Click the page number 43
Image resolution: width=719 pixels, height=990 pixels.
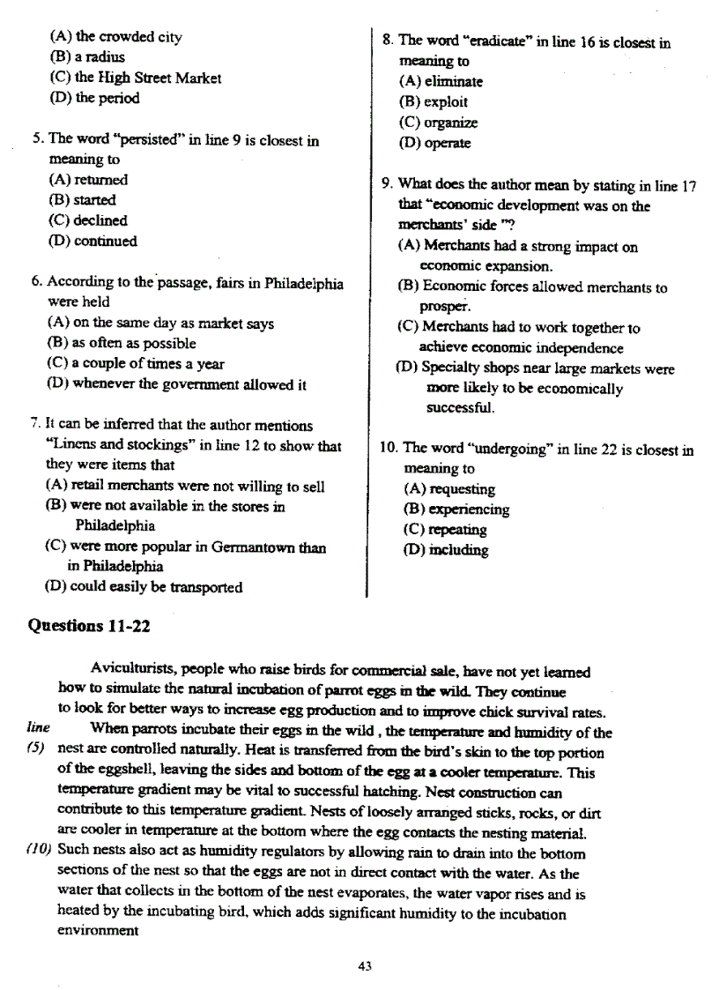point(365,965)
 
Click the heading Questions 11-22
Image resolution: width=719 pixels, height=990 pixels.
point(89,626)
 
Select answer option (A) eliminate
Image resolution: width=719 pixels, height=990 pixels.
point(441,81)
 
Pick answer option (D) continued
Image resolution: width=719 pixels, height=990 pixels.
point(93,241)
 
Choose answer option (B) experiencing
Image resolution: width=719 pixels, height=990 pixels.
point(456,510)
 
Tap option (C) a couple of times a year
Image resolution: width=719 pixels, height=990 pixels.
point(135,364)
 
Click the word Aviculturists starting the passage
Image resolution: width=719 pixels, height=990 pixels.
point(131,672)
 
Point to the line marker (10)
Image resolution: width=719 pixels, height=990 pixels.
point(37,853)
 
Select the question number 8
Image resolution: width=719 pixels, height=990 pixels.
point(388,41)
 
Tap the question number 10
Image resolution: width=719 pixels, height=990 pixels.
point(389,449)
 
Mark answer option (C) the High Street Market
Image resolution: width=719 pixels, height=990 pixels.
point(135,78)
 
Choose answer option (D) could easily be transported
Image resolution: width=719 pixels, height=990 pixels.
point(144,586)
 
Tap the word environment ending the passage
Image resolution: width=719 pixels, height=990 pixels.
point(98,930)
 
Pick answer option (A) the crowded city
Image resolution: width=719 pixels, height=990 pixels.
point(116,37)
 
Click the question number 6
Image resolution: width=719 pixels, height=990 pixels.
point(37,283)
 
